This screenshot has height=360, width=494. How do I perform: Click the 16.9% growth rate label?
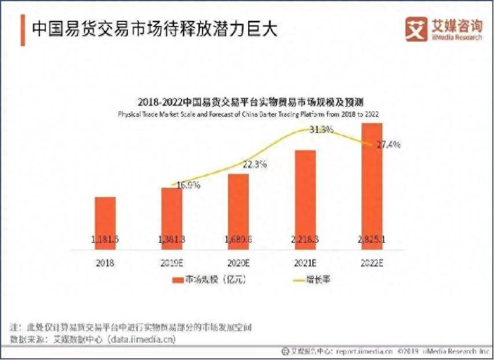click(x=188, y=185)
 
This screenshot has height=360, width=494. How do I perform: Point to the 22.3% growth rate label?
click(x=254, y=164)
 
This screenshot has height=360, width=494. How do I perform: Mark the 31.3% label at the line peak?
click(x=321, y=129)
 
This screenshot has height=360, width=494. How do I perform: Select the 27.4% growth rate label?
click(x=388, y=144)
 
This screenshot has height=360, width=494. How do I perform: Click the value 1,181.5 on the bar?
click(x=105, y=239)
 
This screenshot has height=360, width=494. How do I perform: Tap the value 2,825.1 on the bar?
click(x=372, y=239)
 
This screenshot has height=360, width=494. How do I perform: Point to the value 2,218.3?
click(x=305, y=239)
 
